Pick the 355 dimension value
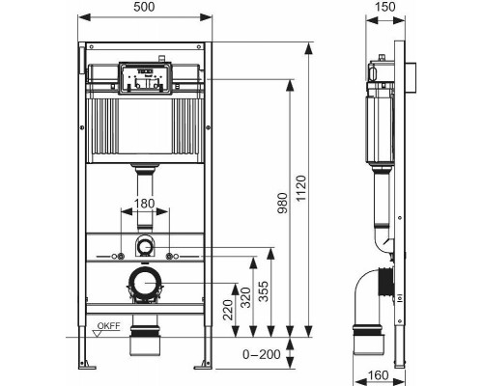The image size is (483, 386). click(277, 292)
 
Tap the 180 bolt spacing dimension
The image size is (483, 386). click(143, 204)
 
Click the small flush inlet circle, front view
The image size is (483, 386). click(143, 245)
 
